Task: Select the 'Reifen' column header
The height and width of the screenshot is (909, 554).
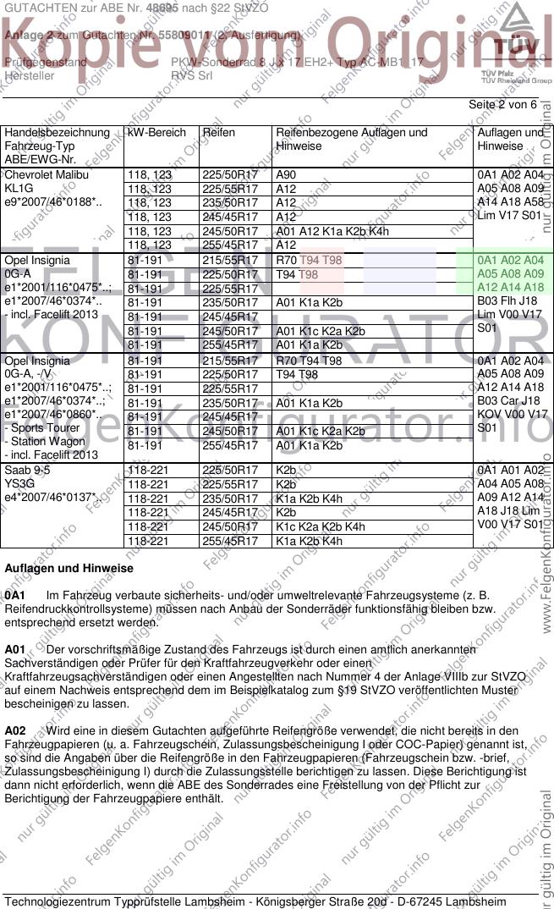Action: [218, 133]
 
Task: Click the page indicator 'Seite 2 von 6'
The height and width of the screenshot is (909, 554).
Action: [502, 104]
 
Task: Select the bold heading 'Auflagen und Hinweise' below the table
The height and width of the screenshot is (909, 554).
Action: [69, 569]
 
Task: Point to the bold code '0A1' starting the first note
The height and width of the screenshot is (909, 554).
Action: [14, 596]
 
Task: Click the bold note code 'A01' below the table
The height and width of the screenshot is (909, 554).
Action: [15, 649]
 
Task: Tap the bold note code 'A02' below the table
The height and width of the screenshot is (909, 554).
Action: [15, 730]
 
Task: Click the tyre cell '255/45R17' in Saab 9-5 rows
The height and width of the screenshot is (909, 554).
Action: [229, 541]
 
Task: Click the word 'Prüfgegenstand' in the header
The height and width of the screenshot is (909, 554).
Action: [45, 63]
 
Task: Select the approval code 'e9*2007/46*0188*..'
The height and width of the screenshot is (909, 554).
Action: [52, 203]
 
